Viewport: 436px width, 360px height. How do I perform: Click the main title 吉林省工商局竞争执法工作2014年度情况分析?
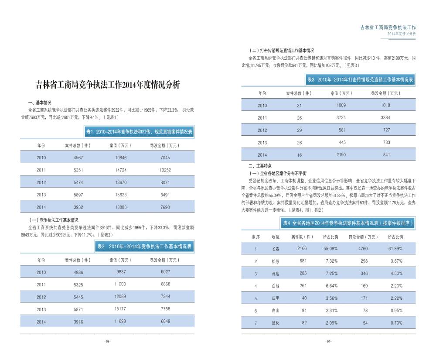(107, 85)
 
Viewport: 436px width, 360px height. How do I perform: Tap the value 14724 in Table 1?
(115, 170)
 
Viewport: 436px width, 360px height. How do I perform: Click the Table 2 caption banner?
(144, 247)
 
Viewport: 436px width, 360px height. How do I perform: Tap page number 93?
(108, 342)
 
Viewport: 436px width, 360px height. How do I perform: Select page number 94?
(328, 342)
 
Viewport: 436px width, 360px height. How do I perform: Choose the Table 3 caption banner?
(360, 80)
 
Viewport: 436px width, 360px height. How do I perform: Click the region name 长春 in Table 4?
(275, 249)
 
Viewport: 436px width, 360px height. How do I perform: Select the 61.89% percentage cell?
(395, 249)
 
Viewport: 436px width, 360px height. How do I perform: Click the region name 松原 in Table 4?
(275, 261)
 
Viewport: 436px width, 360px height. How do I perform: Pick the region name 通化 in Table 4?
(275, 323)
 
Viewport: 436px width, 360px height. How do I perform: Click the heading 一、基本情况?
(40, 103)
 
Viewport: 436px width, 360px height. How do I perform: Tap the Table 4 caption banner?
(347, 223)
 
